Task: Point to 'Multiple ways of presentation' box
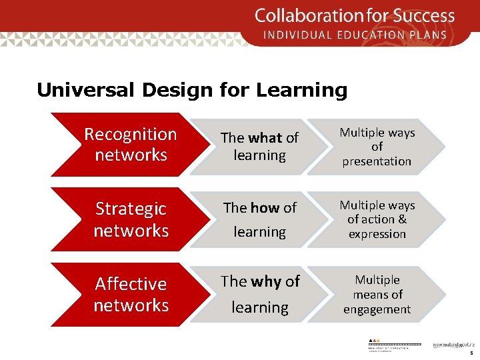coord(377,147)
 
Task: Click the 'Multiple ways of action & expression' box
coord(377,219)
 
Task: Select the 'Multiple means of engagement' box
coord(377,294)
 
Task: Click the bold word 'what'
coord(265,138)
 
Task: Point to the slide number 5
coord(471,353)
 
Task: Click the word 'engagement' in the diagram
coord(377,309)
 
